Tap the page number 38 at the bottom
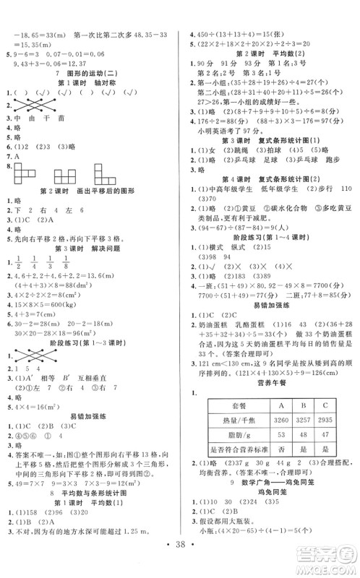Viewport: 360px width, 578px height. point(179,558)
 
